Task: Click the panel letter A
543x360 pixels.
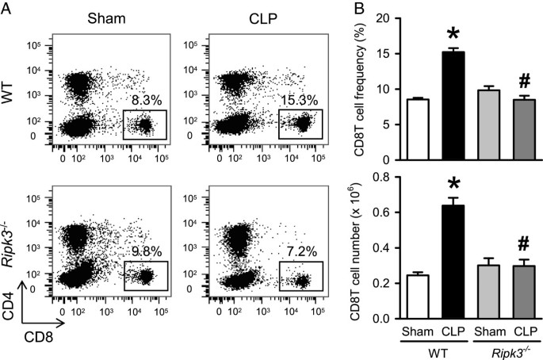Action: pos(7,8)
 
